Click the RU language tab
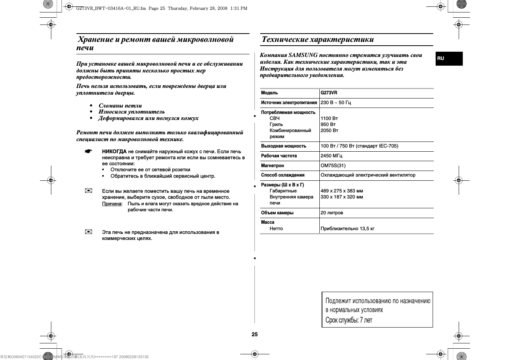441,58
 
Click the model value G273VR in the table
329,93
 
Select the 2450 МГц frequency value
331,156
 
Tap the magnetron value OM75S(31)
333,166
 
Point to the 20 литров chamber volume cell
331,213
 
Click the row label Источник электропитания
289,103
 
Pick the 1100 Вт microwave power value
329,118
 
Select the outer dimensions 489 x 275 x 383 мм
341,191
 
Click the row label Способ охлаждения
282,175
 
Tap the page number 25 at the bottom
254,334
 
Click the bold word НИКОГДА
114,152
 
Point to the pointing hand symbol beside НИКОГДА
88,152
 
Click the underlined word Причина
112,204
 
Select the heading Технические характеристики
317,40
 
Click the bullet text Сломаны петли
120,106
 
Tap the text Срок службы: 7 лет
348,320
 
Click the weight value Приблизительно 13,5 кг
347,229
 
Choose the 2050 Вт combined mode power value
329,131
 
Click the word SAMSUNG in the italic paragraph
303,55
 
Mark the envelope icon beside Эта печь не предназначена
88,232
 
